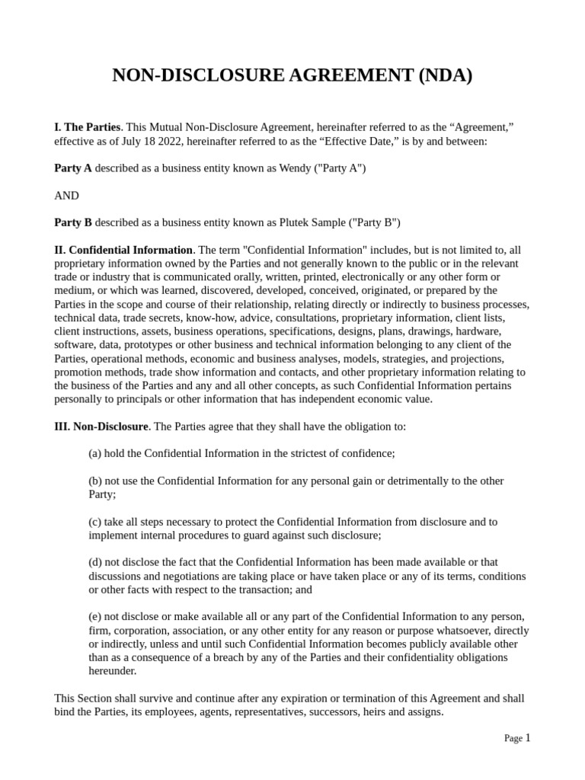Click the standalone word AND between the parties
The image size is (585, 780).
[66, 196]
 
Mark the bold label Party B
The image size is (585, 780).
[73, 222]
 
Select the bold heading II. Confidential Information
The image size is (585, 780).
[123, 250]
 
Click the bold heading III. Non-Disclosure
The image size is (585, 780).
[101, 427]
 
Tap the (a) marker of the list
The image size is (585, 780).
[95, 453]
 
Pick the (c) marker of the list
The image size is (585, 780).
[95, 522]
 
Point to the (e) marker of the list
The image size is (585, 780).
[95, 616]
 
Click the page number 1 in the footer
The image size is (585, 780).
[527, 737]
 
